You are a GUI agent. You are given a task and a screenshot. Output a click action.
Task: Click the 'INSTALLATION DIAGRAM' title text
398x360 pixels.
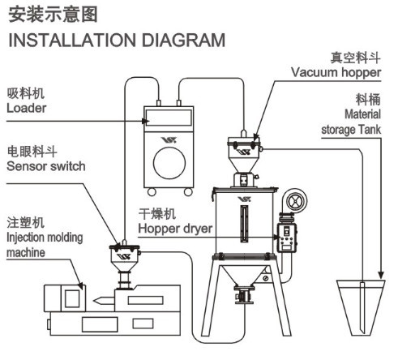(117, 41)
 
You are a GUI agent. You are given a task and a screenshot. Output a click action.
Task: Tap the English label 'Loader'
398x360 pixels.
(26, 108)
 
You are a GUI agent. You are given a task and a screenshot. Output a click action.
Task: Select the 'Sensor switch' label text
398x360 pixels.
(46, 166)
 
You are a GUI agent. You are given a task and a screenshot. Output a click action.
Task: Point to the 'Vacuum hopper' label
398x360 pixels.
(336, 73)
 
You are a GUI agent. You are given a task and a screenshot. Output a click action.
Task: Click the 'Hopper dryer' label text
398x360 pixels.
(175, 229)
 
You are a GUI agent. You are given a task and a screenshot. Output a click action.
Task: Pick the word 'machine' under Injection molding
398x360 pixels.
(26, 253)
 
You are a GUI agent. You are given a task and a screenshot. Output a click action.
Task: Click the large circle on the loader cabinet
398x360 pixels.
(169, 163)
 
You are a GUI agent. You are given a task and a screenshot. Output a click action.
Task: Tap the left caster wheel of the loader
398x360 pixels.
(152, 192)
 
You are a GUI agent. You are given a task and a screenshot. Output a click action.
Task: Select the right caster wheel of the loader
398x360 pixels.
(188, 192)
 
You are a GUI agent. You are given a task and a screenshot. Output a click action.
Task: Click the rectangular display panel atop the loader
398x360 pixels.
(169, 118)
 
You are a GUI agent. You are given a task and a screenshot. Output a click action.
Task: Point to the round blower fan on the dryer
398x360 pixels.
(294, 201)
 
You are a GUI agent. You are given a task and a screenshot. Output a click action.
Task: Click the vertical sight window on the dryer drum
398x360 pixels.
(244, 223)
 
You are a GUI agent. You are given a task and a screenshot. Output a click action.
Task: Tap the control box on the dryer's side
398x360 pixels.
(287, 238)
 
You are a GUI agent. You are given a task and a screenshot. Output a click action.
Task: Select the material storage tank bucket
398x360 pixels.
(361, 307)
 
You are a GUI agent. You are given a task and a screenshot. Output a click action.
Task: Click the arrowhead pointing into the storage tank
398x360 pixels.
(381, 275)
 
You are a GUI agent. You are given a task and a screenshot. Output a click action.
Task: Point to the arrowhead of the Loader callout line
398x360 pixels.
(146, 121)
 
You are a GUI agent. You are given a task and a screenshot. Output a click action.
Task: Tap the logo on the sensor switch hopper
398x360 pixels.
(124, 256)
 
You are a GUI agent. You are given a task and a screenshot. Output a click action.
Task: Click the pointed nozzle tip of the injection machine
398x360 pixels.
(95, 300)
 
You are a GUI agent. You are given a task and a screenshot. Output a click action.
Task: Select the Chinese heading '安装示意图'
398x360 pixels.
(53, 15)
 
